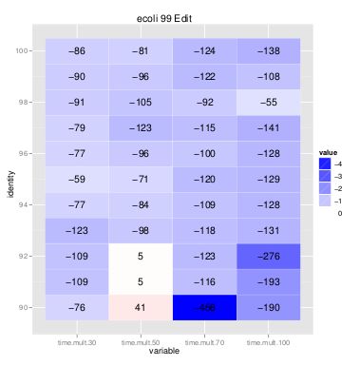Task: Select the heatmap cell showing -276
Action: coord(269,256)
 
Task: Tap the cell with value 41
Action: coord(140,307)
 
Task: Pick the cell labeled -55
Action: coord(269,102)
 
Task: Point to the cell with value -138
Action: coord(269,50)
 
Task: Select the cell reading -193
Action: coord(269,281)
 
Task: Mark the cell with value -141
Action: coord(269,127)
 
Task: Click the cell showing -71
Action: coord(140,179)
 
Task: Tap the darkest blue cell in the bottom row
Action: coord(204,307)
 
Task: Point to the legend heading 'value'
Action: coord(327,152)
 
